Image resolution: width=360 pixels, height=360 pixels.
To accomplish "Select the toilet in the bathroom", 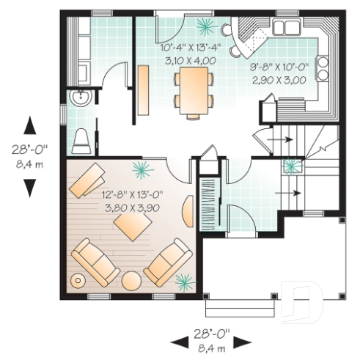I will [x=81, y=139].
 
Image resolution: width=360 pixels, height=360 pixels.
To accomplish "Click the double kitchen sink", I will [x=286, y=28].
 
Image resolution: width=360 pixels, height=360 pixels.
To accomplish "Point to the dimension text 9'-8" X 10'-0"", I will [x=279, y=66].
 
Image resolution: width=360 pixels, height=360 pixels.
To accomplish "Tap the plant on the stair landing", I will [x=292, y=165].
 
